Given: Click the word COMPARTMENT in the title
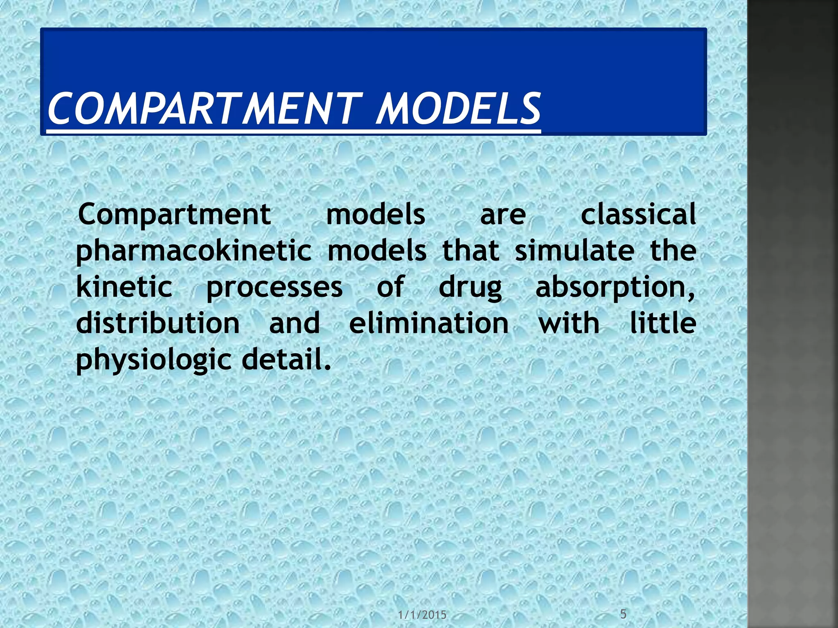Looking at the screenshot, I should (205, 108).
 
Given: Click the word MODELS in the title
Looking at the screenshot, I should (458, 108).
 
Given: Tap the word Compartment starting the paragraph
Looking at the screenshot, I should (174, 215).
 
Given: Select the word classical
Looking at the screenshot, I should (638, 215).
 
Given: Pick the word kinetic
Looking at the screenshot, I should (124, 287).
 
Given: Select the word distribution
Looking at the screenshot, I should (158, 323).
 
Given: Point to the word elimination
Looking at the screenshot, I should (429, 323).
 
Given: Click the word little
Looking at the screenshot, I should (663, 323).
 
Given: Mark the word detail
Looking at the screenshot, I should (286, 359).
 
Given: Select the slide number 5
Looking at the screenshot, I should (623, 614).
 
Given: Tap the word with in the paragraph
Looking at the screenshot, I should (569, 323).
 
